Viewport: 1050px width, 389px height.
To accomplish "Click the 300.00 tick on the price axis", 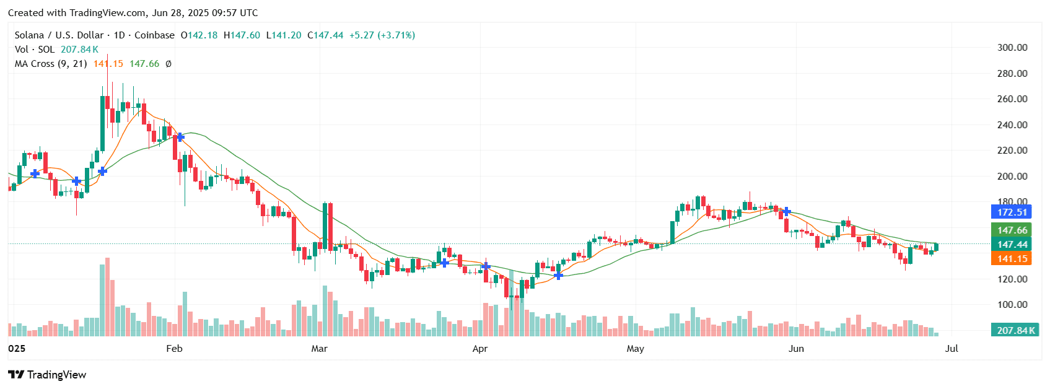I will point(1012,48).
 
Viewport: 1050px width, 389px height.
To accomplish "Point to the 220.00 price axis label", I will point(1012,151).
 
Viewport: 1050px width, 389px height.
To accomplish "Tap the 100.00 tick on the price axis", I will point(1012,305).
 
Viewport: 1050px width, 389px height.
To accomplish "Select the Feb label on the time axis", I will point(175,349).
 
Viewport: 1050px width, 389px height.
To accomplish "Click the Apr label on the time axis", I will point(480,349).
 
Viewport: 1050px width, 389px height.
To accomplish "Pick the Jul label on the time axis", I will point(952,349).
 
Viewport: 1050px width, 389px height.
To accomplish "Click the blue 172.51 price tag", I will point(1012,212).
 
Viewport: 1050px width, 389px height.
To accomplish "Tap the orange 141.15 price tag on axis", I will point(1012,259).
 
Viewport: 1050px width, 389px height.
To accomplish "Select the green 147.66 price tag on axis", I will point(1012,230).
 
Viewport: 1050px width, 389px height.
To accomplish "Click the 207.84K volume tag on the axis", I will point(1015,330).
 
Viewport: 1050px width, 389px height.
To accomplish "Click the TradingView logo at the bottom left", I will point(47,375).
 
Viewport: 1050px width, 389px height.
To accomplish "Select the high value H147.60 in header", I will point(242,35).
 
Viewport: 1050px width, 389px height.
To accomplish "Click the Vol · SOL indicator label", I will point(35,50).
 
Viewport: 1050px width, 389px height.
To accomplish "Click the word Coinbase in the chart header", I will point(154,35).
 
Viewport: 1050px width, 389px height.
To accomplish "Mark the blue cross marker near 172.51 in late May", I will point(786,212).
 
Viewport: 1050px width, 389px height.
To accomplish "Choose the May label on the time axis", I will point(636,349).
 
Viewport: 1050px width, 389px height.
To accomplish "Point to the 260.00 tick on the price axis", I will point(1012,99).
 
